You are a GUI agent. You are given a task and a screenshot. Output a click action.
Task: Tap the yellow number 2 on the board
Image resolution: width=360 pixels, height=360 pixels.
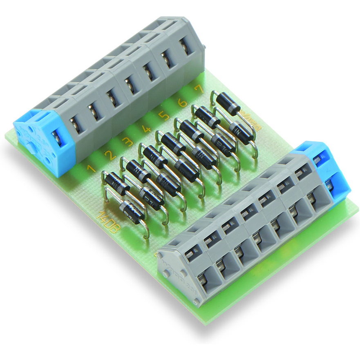point(109,155)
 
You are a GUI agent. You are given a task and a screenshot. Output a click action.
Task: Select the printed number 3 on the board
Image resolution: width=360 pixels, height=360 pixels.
point(127,142)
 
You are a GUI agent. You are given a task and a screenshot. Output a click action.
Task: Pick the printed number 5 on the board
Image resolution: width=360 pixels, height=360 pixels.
point(164,116)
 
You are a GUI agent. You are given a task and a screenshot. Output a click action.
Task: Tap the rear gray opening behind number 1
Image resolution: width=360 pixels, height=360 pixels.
point(74,122)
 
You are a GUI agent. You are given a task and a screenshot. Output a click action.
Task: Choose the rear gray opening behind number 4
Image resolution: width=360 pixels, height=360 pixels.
point(129,84)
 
